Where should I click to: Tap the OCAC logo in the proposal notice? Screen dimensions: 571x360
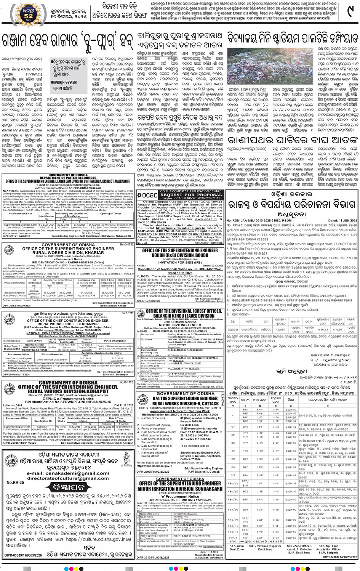click(x=147, y=194)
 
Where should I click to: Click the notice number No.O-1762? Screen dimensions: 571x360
click(x=127, y=244)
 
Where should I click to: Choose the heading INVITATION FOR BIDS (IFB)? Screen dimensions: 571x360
click(x=180, y=262)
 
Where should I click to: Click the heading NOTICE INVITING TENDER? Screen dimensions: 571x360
click(x=179, y=325)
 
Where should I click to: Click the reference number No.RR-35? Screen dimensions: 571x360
click(x=15, y=483)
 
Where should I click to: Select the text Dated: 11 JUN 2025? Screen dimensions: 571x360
click(x=342, y=220)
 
